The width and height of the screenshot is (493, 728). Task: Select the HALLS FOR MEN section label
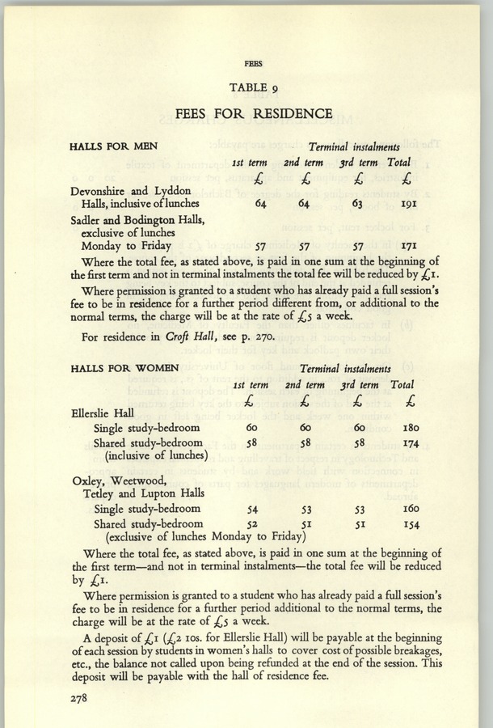(x=115, y=146)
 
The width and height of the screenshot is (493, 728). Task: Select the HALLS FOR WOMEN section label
(x=125, y=368)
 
